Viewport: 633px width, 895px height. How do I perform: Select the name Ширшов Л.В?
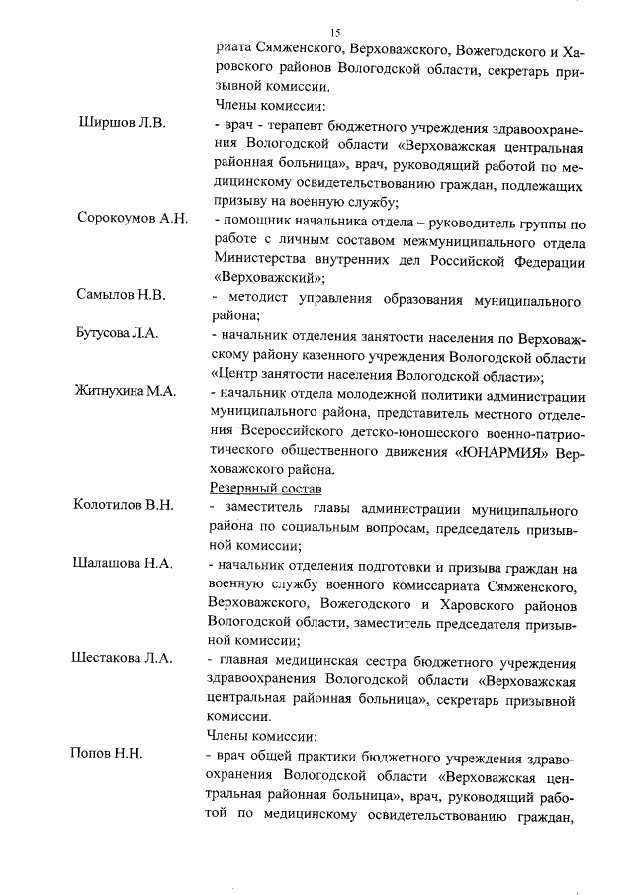point(123,124)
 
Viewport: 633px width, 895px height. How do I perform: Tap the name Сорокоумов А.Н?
point(133,219)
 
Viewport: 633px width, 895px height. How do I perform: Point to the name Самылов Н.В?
point(122,295)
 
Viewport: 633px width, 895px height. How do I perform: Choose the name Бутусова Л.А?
point(123,336)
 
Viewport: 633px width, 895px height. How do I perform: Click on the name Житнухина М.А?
point(126,392)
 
